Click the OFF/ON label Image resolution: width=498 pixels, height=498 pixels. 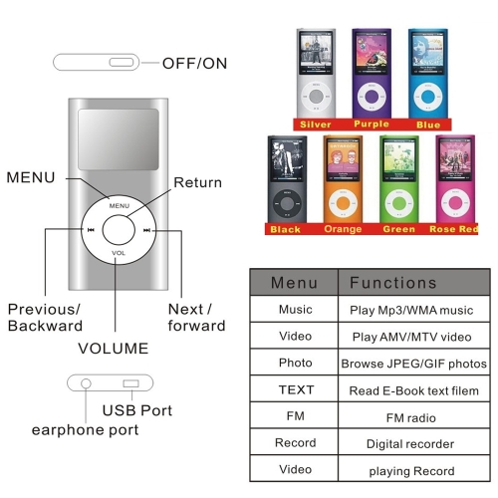pyautogui.click(x=194, y=64)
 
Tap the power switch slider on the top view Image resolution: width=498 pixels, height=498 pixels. pyautogui.click(x=122, y=62)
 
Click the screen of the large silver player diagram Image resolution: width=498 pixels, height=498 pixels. pyautogui.click(x=119, y=139)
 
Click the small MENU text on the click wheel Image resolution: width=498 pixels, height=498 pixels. pyautogui.click(x=120, y=206)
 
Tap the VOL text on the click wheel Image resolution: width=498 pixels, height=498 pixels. pyautogui.click(x=119, y=253)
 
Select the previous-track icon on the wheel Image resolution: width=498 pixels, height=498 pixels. pyautogui.click(x=91, y=230)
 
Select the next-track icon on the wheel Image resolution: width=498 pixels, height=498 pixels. pyautogui.click(x=146, y=230)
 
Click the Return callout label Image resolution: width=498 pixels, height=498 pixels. pyautogui.click(x=198, y=182)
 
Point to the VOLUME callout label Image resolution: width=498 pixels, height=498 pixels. pyautogui.click(x=114, y=349)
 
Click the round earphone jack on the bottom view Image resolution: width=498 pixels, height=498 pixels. pyautogui.click(x=86, y=383)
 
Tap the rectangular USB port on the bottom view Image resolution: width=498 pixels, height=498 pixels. pyautogui.click(x=130, y=383)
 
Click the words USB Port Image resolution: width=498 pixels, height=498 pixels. pyautogui.click(x=137, y=410)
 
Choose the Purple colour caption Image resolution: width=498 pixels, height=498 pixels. pyautogui.click(x=372, y=124)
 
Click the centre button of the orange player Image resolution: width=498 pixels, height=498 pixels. pyautogui.click(x=343, y=203)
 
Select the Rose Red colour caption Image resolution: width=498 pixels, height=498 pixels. pyautogui.click(x=453, y=229)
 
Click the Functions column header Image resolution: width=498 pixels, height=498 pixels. pyautogui.click(x=393, y=283)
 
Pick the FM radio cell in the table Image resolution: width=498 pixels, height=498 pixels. pyautogui.click(x=411, y=417)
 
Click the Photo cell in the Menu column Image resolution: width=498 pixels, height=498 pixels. pyautogui.click(x=296, y=363)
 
